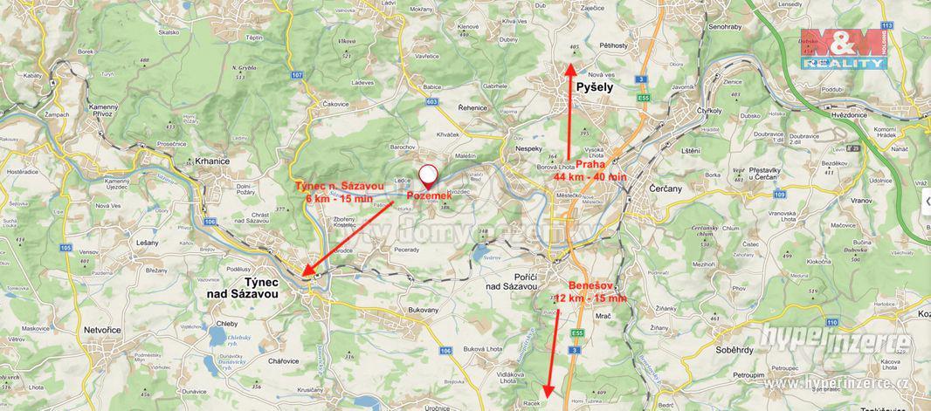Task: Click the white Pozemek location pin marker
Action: (428, 175)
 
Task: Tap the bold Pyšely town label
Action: (595, 87)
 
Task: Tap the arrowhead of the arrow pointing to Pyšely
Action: (572, 65)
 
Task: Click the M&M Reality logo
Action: (843, 49)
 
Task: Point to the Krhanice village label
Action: (213, 161)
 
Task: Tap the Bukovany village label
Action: (424, 310)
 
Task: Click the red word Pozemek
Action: (428, 196)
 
